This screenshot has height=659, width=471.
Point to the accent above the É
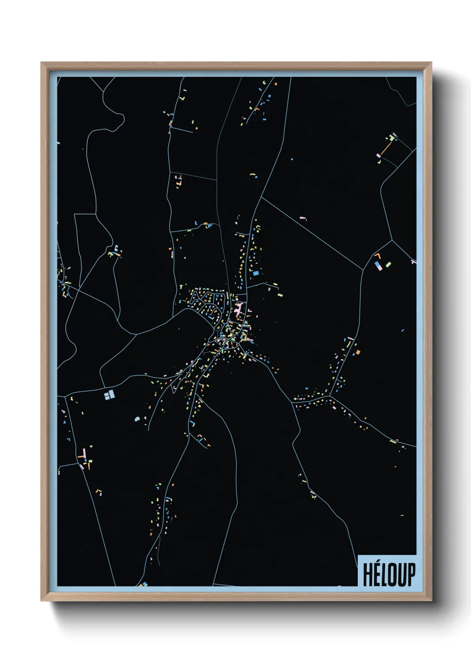378,563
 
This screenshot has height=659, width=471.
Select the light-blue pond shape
138,419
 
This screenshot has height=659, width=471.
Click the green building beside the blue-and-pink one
388,264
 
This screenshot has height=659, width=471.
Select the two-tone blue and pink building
379,266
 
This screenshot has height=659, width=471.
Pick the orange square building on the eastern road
357,353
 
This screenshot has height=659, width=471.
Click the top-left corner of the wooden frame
41,63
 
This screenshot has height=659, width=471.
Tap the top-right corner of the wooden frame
431,63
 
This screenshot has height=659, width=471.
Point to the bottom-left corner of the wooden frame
41,601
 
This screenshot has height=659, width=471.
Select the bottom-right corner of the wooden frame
431,601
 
